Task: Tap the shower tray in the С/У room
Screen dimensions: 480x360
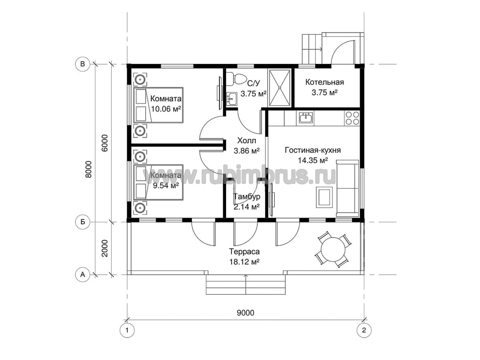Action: coord(280,88)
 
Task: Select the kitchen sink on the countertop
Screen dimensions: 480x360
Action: coord(305,118)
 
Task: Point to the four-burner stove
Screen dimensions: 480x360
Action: coord(352,118)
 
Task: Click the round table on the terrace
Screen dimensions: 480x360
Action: coord(333,249)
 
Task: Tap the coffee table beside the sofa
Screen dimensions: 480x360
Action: coord(324,197)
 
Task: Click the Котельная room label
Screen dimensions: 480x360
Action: coord(324,82)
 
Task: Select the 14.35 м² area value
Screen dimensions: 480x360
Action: coord(313,160)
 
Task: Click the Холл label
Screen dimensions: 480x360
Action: coord(246,140)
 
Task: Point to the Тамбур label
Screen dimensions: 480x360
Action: coord(247,196)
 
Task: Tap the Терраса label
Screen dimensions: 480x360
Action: coord(244,252)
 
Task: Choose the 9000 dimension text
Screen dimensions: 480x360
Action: coord(245,313)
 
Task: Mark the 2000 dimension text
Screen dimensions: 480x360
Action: coord(105,248)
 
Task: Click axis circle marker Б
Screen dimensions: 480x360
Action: coord(83,222)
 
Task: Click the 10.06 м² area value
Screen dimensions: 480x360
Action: coord(166,109)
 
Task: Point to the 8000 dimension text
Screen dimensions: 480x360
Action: coord(88,169)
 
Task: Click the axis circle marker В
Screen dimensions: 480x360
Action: coord(83,64)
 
